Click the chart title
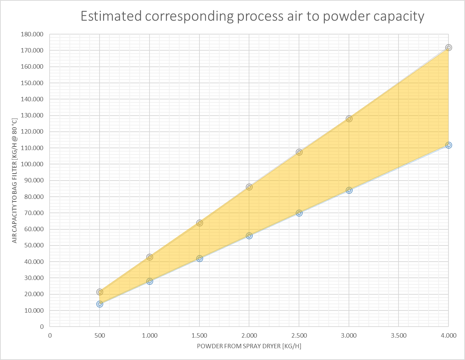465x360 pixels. pyautogui.click(x=252, y=17)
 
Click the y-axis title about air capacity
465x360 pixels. pyautogui.click(x=15, y=181)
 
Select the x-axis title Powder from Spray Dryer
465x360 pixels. pyautogui.click(x=249, y=346)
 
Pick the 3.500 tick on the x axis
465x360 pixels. pyautogui.click(x=399, y=335)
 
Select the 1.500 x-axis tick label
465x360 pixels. pyautogui.click(x=199, y=335)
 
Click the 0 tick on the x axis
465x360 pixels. pyautogui.click(x=50, y=335)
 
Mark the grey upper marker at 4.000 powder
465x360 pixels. pyautogui.click(x=448, y=48)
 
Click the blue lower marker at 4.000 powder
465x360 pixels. pyautogui.click(x=448, y=145)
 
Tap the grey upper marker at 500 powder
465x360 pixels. pyautogui.click(x=100, y=292)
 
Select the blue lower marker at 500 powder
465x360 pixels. pyautogui.click(x=100, y=304)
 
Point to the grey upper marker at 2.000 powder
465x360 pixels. pyautogui.click(x=249, y=187)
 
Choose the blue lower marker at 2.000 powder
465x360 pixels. pyautogui.click(x=249, y=236)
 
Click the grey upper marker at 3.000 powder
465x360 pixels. pyautogui.click(x=349, y=119)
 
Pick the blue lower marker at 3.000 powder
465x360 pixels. pyautogui.click(x=349, y=190)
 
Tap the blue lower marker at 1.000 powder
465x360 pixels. pyautogui.click(x=149, y=281)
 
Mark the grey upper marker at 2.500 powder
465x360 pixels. pyautogui.click(x=299, y=152)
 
